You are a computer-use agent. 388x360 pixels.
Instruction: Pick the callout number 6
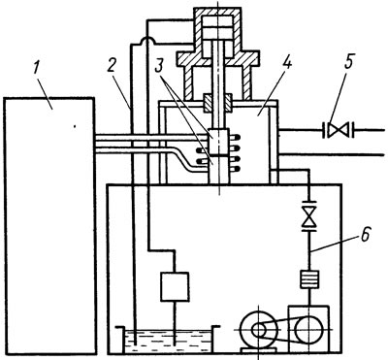point(365,236)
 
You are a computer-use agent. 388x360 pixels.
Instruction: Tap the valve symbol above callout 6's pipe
point(309,214)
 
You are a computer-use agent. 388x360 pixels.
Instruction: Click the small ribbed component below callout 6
point(309,279)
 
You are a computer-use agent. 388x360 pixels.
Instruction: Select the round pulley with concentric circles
point(259,330)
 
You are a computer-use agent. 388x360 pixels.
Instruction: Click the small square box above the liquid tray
point(175,286)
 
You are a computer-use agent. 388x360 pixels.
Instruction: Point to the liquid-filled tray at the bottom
point(168,341)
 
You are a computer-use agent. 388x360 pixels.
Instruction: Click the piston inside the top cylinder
point(217,28)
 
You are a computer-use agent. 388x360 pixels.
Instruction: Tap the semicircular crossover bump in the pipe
point(147,41)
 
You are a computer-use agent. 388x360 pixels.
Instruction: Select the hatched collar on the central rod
point(217,104)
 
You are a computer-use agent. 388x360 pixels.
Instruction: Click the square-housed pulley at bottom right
point(308,329)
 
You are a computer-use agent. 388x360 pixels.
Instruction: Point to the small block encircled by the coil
point(218,141)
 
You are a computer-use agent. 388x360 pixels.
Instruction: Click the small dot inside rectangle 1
point(75,126)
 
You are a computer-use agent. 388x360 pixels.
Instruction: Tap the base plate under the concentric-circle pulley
point(259,350)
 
